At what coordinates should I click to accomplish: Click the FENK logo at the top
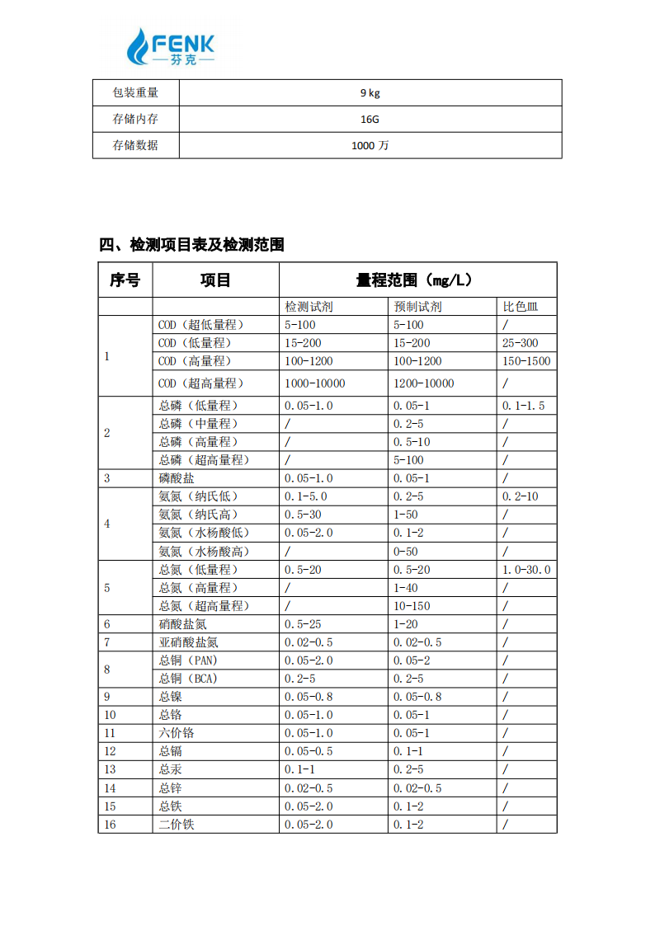point(172,47)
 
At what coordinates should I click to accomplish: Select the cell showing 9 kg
point(369,93)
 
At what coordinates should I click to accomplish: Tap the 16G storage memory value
point(369,120)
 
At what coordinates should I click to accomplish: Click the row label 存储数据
point(135,145)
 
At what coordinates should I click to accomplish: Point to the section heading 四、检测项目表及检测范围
point(191,245)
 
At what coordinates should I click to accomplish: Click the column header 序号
point(125,280)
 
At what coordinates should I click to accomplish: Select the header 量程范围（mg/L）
point(417,280)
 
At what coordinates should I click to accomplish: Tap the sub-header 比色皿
point(520,307)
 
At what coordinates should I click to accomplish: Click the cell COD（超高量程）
point(201,383)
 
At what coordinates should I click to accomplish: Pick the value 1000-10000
point(315,383)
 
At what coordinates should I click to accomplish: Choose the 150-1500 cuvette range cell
point(526,361)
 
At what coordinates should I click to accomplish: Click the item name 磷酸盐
point(177,478)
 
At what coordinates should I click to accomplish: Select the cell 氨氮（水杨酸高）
point(204,551)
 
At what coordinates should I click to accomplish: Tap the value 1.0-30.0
point(526,570)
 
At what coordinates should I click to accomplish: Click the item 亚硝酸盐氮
point(188,642)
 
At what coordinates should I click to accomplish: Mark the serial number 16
point(110,824)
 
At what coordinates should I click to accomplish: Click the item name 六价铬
point(177,733)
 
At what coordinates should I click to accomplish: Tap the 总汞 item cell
point(170,769)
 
